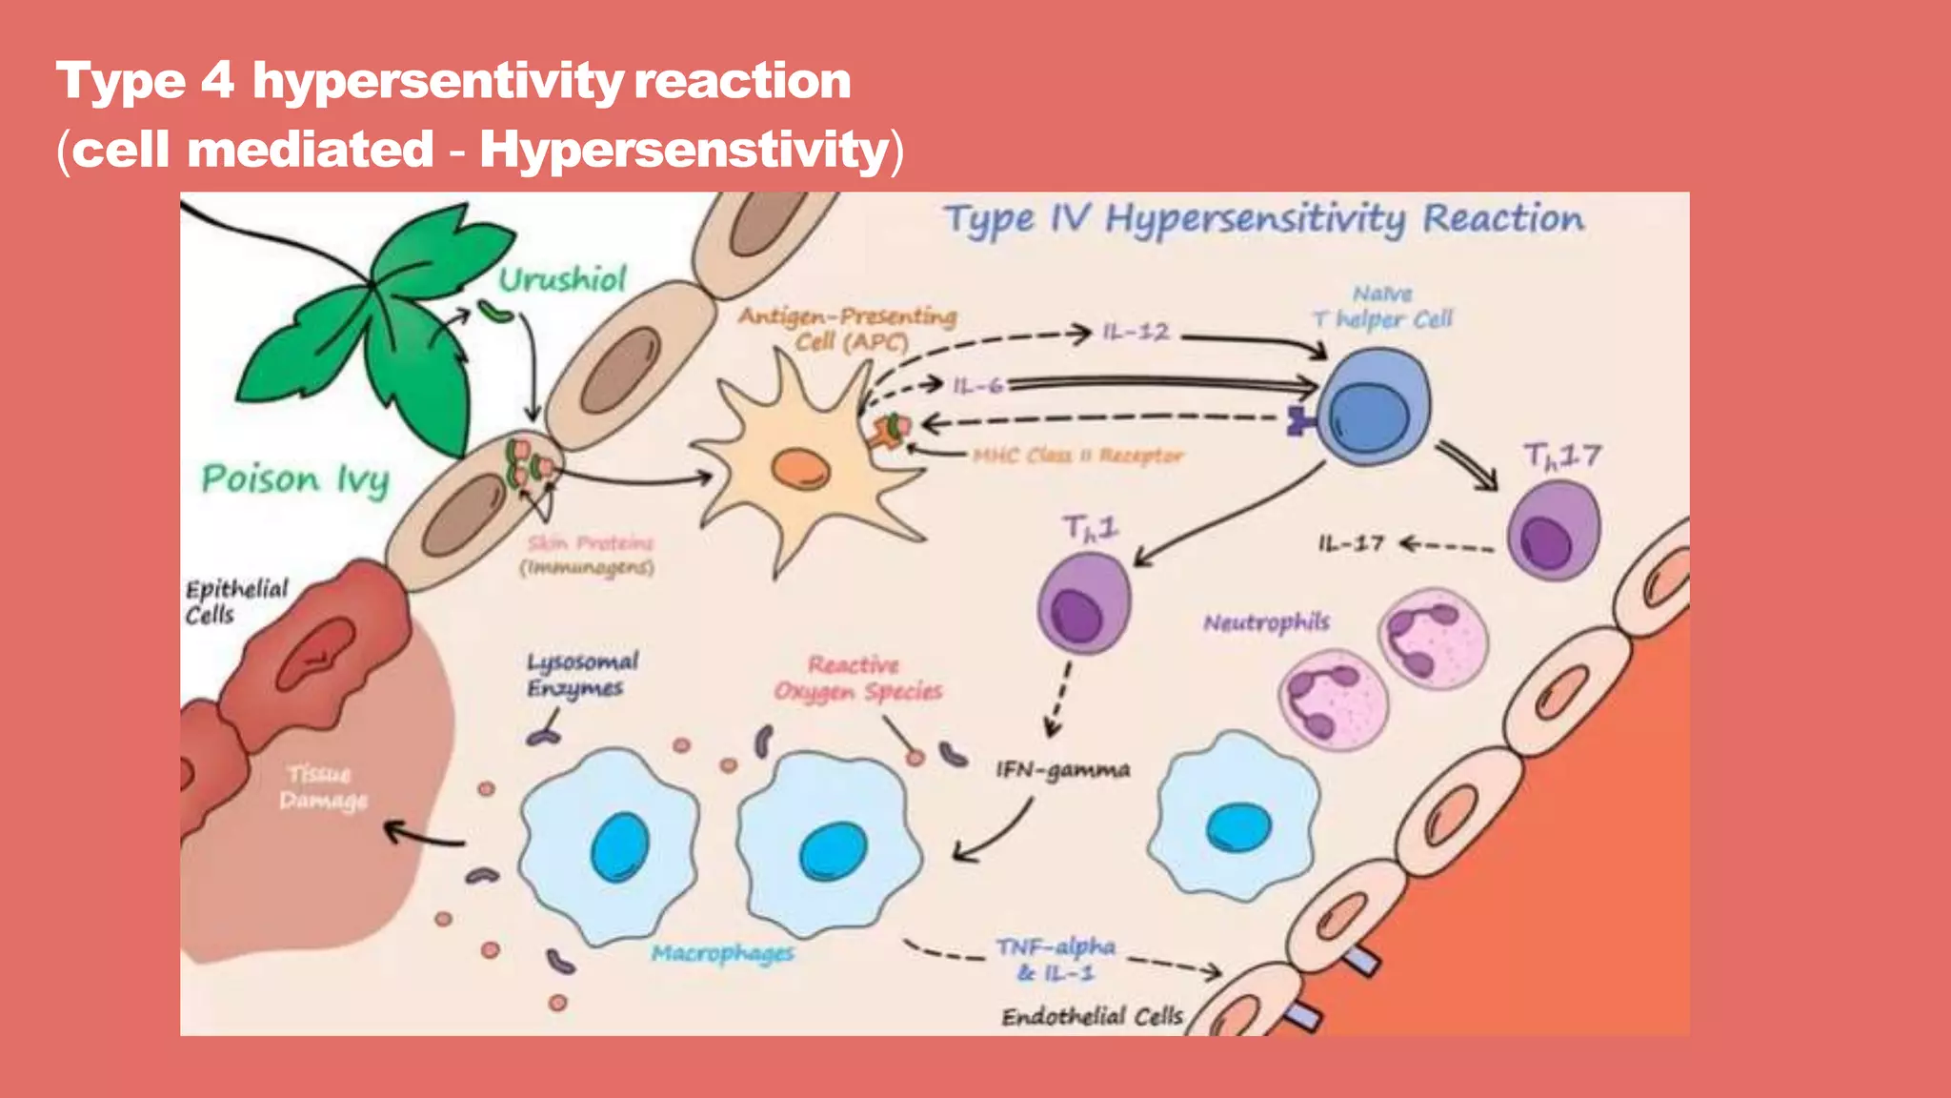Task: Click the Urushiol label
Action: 562,279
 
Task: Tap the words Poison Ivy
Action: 295,479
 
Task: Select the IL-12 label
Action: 1136,332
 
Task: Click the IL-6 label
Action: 977,385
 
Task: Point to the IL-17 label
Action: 1350,543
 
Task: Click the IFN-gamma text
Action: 1063,769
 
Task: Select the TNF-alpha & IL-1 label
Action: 1056,959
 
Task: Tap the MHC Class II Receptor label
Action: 1077,456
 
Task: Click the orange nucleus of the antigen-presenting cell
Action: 800,468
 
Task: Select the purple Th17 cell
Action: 1553,531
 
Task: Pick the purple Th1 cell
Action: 1084,603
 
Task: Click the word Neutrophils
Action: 1266,622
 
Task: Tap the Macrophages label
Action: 722,952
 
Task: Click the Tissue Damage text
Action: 322,786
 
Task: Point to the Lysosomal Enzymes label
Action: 582,675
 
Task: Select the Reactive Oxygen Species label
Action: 857,678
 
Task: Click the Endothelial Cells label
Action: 1092,1017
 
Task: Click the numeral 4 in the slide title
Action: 217,80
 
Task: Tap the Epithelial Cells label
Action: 235,601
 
